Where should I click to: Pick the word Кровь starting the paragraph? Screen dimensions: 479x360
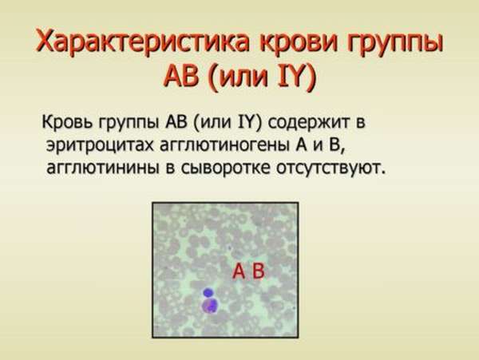67,123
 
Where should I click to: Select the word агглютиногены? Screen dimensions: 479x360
225,145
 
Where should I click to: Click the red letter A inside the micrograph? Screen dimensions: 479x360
239,271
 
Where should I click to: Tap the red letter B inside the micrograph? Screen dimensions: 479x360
258,271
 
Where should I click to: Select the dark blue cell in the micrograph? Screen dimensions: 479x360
208,293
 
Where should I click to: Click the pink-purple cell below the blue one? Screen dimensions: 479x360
210,306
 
